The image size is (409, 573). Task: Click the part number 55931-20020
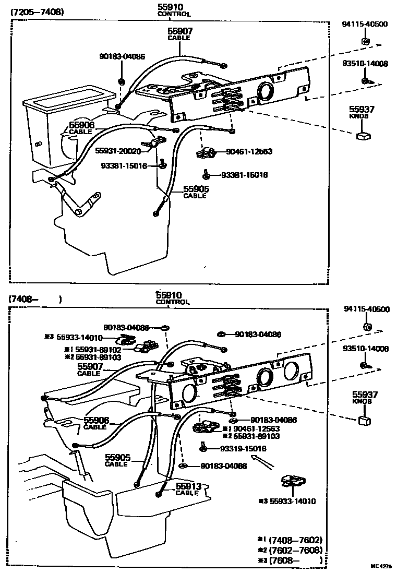(118, 150)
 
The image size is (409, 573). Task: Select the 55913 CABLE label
(187, 489)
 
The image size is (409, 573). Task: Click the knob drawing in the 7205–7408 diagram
(363, 136)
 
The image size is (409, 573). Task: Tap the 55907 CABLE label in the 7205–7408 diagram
(178, 34)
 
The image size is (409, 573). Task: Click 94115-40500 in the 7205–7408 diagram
(365, 24)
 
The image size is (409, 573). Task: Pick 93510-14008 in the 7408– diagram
(366, 348)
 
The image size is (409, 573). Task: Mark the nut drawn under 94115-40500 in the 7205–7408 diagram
(365, 41)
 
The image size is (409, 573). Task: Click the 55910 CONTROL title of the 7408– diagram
(173, 298)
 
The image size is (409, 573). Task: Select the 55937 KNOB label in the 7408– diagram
(364, 398)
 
